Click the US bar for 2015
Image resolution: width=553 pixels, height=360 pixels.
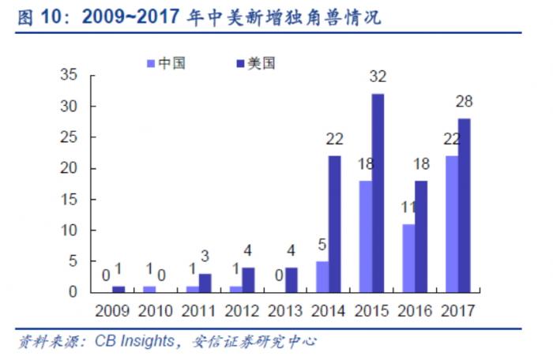pyautogui.click(x=378, y=193)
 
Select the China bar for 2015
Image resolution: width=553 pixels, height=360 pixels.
pyautogui.click(x=366, y=236)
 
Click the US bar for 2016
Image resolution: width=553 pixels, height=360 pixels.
pyautogui.click(x=420, y=236)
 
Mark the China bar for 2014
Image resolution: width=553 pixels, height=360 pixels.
pyautogui.click(x=322, y=276)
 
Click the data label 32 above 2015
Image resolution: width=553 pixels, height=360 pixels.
pyautogui.click(x=378, y=77)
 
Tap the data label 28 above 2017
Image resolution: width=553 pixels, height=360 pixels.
pyautogui.click(x=464, y=102)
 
